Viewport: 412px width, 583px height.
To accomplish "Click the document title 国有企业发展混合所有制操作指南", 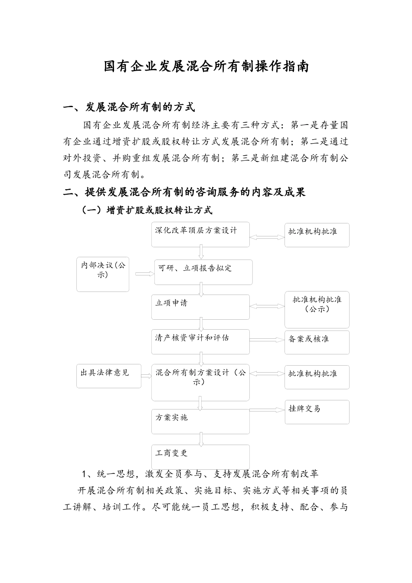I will click(x=206, y=67).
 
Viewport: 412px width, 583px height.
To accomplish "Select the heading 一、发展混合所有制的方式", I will click(x=129, y=107).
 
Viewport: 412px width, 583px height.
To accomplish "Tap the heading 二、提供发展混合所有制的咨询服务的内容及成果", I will click(x=184, y=192).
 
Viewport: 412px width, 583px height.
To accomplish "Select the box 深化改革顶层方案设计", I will click(x=200, y=234).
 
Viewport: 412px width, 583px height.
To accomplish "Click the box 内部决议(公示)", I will click(x=103, y=275).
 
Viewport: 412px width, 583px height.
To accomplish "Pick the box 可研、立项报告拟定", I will click(x=203, y=272).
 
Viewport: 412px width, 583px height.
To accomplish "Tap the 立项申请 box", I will click(x=200, y=307).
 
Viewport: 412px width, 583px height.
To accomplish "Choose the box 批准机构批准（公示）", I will click(x=317, y=309).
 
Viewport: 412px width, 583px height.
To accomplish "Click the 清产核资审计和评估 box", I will click(x=200, y=341).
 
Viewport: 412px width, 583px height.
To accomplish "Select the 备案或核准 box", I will click(x=317, y=342).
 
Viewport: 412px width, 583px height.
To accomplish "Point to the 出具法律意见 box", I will click(x=109, y=376).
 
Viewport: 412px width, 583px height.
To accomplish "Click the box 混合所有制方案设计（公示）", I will click(x=200, y=382).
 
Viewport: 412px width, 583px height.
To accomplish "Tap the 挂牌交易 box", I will click(x=317, y=412).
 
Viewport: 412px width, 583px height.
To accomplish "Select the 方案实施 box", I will click(x=200, y=421).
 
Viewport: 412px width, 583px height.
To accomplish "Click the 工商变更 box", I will click(x=200, y=456).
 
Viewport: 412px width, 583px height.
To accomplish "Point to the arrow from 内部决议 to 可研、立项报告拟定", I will click(x=145, y=274).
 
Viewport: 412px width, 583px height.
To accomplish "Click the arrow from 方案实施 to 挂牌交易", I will click(x=267, y=410).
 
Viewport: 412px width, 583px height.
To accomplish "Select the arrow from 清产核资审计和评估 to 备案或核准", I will click(x=267, y=340).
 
